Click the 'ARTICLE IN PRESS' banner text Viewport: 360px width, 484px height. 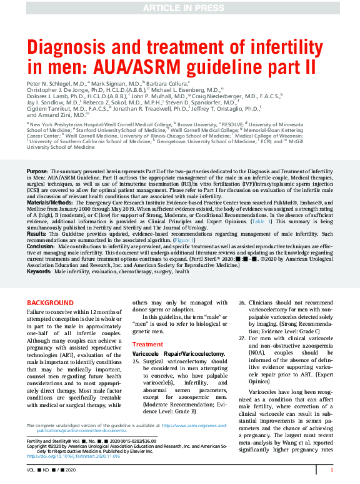tap(180, 8)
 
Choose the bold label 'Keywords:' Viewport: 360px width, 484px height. tap(39, 255)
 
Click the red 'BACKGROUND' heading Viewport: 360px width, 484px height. tap(49, 303)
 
